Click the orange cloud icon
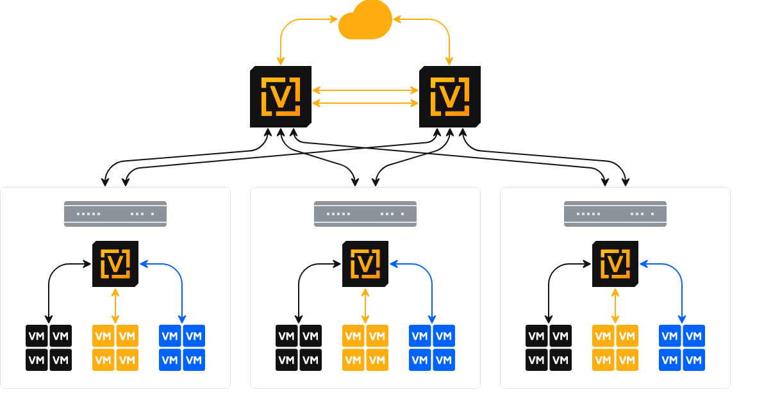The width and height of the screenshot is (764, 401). pyautogui.click(x=365, y=21)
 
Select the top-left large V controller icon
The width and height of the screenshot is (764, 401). pyautogui.click(x=281, y=97)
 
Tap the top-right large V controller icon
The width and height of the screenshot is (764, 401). pyautogui.click(x=450, y=97)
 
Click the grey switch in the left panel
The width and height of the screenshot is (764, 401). pyautogui.click(x=115, y=214)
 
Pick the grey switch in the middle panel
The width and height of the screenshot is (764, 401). pyautogui.click(x=365, y=214)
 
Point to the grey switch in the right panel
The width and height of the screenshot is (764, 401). pyautogui.click(x=615, y=214)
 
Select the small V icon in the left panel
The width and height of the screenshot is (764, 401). pyautogui.click(x=115, y=264)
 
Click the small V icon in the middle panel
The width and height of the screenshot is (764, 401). pyautogui.click(x=365, y=264)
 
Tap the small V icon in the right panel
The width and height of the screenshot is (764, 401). pyautogui.click(x=615, y=264)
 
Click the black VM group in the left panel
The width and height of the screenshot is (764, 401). pyautogui.click(x=49, y=348)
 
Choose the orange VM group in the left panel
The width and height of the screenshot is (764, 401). pyautogui.click(x=115, y=348)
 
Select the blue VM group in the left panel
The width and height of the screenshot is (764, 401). pyautogui.click(x=182, y=348)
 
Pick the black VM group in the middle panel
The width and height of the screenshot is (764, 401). pyautogui.click(x=299, y=348)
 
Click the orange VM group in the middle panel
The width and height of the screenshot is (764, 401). pyautogui.click(x=365, y=348)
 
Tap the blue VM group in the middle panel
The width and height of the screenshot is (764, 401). pyautogui.click(x=432, y=348)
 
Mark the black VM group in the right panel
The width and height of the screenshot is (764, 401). pyautogui.click(x=549, y=348)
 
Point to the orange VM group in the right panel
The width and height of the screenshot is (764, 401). pyautogui.click(x=615, y=348)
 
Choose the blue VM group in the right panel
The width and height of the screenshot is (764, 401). pyautogui.click(x=682, y=348)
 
